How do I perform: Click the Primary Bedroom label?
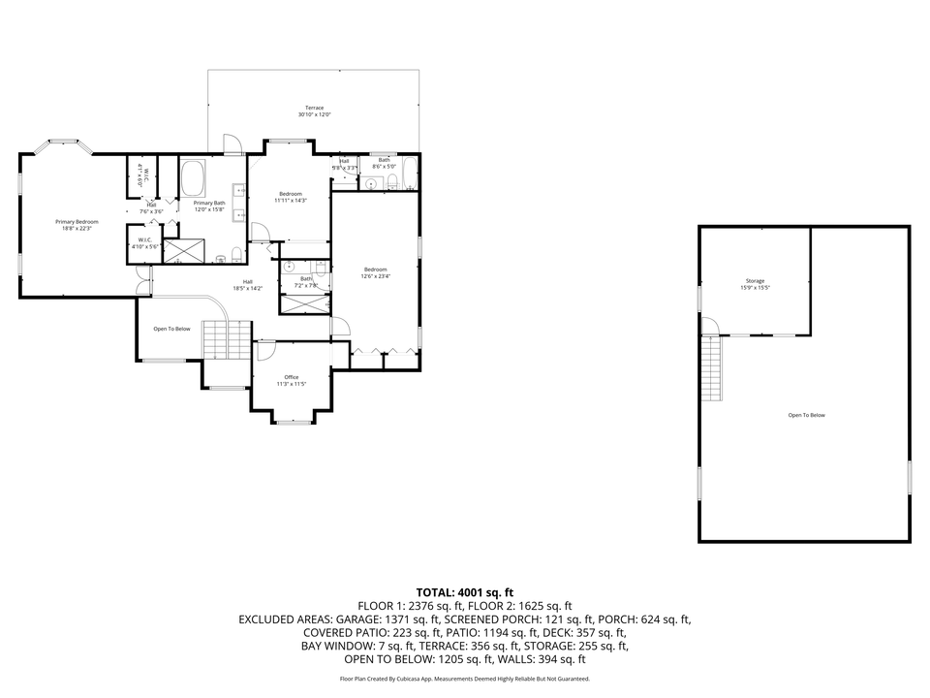pos(76,222)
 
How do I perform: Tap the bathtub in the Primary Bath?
pos(193,178)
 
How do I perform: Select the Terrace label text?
pos(314,108)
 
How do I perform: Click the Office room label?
pos(291,377)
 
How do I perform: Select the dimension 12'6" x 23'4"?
pos(376,276)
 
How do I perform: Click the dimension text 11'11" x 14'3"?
pos(291,201)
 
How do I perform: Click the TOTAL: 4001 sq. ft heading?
pos(464,591)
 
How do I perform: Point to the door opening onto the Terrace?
pos(232,143)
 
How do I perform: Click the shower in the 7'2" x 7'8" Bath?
pos(304,303)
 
